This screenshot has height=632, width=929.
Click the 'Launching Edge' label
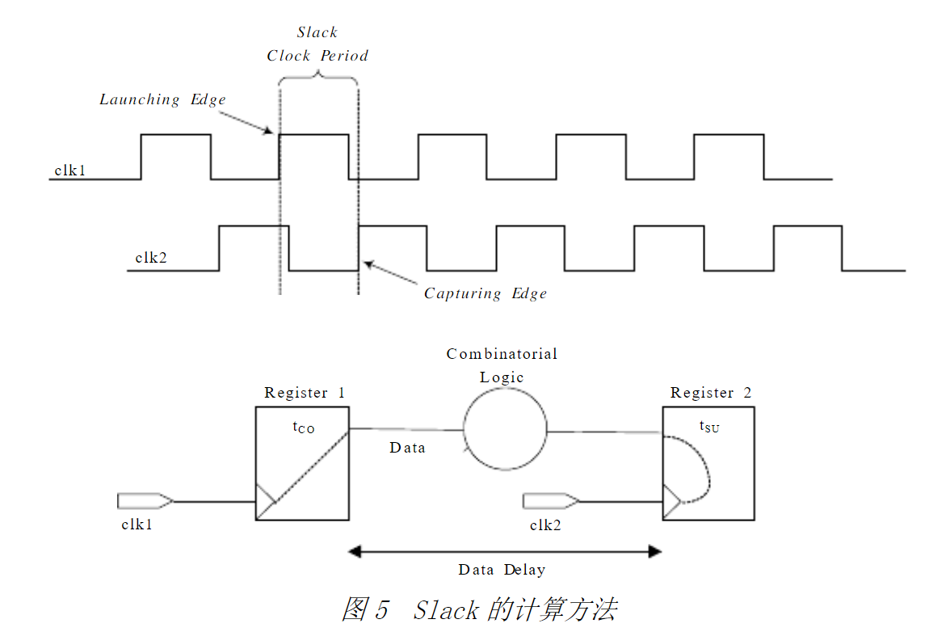pyautogui.click(x=162, y=99)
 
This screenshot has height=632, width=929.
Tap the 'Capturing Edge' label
pyautogui.click(x=486, y=293)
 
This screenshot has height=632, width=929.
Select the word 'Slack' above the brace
pyautogui.click(x=317, y=32)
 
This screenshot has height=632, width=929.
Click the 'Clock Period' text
pyautogui.click(x=317, y=56)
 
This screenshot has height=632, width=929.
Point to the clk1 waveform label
pyautogui.click(x=69, y=171)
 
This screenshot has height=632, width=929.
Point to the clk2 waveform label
pyautogui.click(x=150, y=259)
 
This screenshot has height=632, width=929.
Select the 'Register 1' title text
pyautogui.click(x=305, y=393)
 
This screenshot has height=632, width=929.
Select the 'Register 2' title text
pyautogui.click(x=711, y=393)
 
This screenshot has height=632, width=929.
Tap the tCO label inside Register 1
pyautogui.click(x=304, y=427)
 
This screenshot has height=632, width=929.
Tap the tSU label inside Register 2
pyautogui.click(x=708, y=427)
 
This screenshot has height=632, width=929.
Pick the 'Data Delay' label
pyautogui.click(x=502, y=570)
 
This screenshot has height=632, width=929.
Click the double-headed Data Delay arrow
pyautogui.click(x=505, y=552)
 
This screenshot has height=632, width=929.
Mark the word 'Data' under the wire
pyautogui.click(x=407, y=448)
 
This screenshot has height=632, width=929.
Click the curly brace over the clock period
pyautogui.click(x=317, y=78)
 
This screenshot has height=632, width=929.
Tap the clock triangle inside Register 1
pyautogui.click(x=265, y=501)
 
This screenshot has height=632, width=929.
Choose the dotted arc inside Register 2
pyautogui.click(x=700, y=469)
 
